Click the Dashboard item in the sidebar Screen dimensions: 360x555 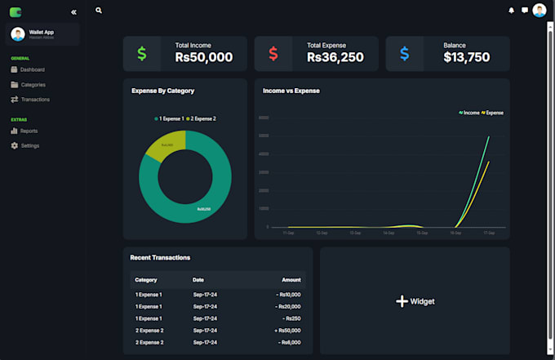pyautogui.click(x=33, y=70)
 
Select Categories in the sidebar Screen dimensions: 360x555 pyautogui.click(x=33, y=85)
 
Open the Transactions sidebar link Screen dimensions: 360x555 pyautogui.click(x=35, y=100)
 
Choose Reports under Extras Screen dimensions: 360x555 pyautogui.click(x=29, y=131)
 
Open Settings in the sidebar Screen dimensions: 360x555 pyautogui.click(x=29, y=146)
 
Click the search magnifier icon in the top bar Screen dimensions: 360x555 pyautogui.click(x=99, y=11)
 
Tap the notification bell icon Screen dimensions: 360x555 pyautogui.click(x=512, y=11)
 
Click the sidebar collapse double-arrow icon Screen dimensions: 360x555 pyautogui.click(x=73, y=12)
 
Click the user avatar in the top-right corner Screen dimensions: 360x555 pyautogui.click(x=539, y=11)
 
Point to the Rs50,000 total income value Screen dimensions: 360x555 pyautogui.click(x=204, y=57)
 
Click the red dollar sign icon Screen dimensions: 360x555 pyautogui.click(x=273, y=54)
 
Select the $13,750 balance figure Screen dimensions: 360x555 pyautogui.click(x=467, y=57)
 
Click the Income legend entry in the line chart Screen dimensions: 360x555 pyautogui.click(x=469, y=113)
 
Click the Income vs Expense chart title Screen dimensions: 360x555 pyautogui.click(x=291, y=91)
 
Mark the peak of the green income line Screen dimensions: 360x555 pyautogui.click(x=489, y=137)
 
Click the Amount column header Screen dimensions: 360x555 pyautogui.click(x=291, y=280)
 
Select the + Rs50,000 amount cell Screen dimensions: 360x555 pyautogui.click(x=288, y=331)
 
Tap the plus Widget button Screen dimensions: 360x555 pyautogui.click(x=415, y=301)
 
